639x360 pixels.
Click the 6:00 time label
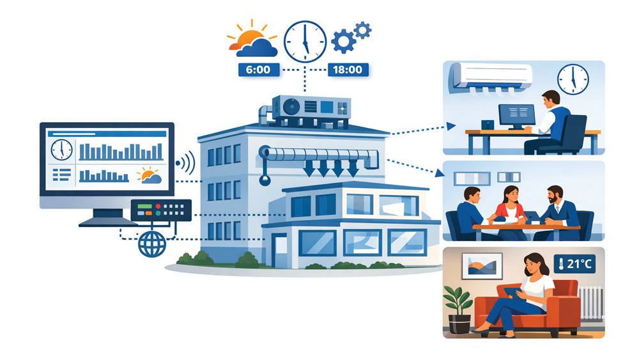click(259, 70)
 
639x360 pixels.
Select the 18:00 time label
click(348, 70)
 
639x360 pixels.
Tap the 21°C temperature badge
click(574, 264)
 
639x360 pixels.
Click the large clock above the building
click(305, 42)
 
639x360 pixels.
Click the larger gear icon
click(343, 41)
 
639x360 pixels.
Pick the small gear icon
click(362, 31)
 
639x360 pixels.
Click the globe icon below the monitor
click(152, 244)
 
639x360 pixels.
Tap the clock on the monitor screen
click(61, 150)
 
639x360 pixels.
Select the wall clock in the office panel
click(573, 79)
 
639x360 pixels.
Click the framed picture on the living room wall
click(482, 266)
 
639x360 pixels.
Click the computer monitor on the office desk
click(517, 116)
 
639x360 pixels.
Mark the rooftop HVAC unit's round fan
click(291, 107)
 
